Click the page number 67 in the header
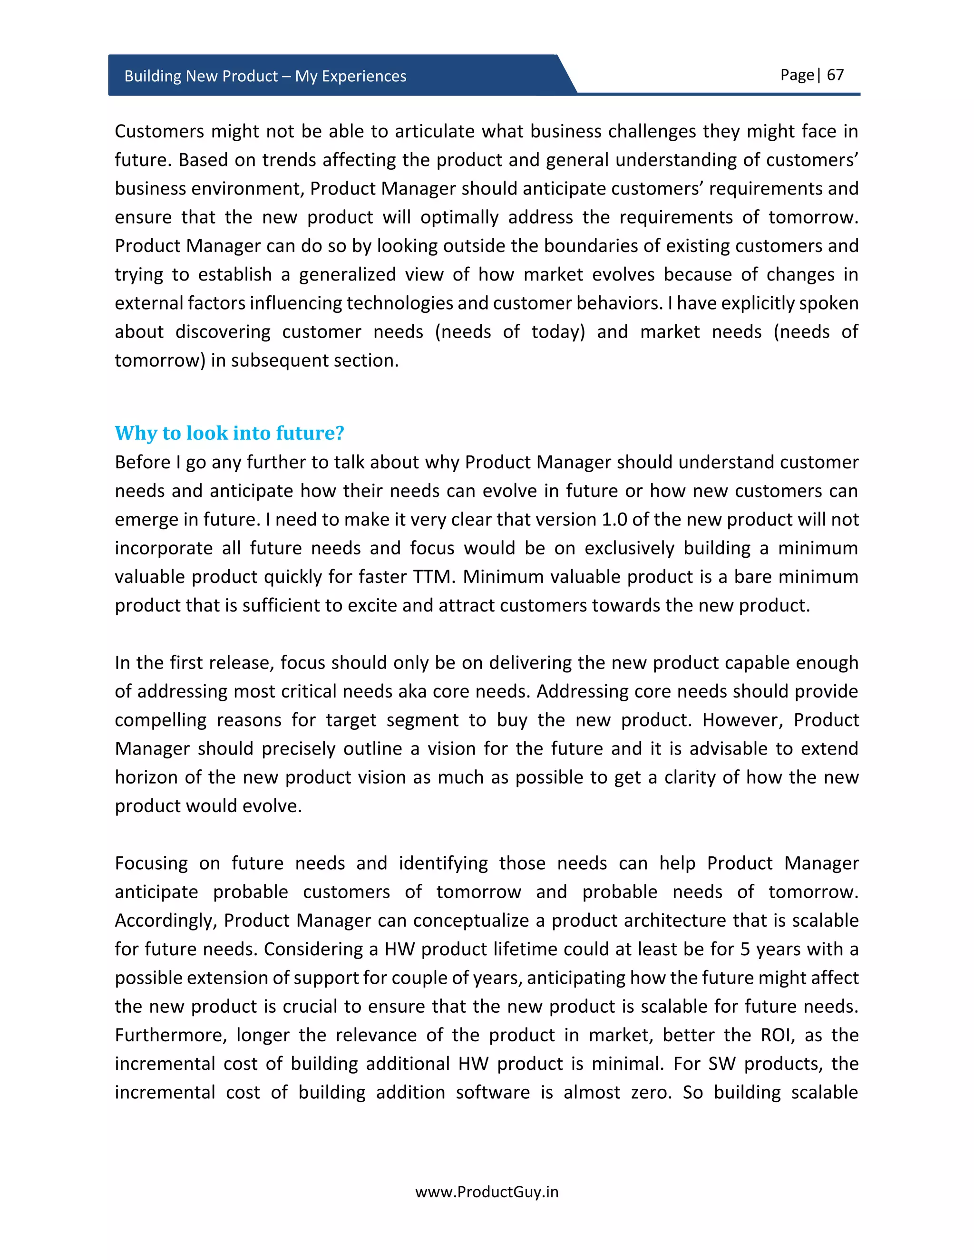[x=835, y=75]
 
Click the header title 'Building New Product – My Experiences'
[x=265, y=76]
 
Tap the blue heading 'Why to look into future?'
[x=229, y=433]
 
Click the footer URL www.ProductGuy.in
[x=487, y=1192]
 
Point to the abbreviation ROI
[x=775, y=1035]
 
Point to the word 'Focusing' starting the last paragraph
[x=151, y=863]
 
